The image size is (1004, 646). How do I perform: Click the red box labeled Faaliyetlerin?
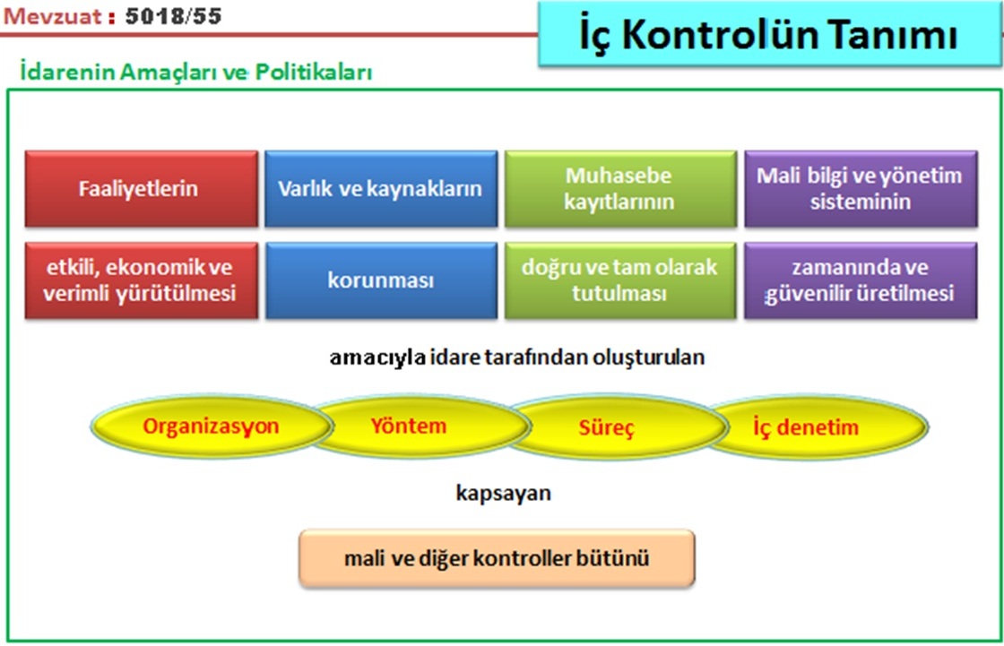[142, 189]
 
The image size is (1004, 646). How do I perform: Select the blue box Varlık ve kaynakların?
[381, 189]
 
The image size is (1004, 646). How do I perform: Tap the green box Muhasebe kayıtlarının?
[620, 189]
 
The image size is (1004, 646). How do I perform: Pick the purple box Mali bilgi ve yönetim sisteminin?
[861, 189]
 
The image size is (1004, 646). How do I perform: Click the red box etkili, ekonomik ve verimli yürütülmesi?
[142, 280]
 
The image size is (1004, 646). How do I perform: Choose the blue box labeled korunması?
[381, 280]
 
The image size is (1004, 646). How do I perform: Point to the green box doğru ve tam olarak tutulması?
[620, 280]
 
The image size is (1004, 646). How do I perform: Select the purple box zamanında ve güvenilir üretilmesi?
[861, 280]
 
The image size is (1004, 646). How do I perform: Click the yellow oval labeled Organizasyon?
[212, 426]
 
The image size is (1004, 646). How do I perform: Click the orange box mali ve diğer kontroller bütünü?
[497, 558]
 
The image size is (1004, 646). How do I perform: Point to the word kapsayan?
[503, 494]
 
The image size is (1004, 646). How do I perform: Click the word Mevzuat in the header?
[53, 16]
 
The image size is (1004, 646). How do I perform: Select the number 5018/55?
[174, 16]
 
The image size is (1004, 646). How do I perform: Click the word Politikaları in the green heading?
[314, 72]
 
